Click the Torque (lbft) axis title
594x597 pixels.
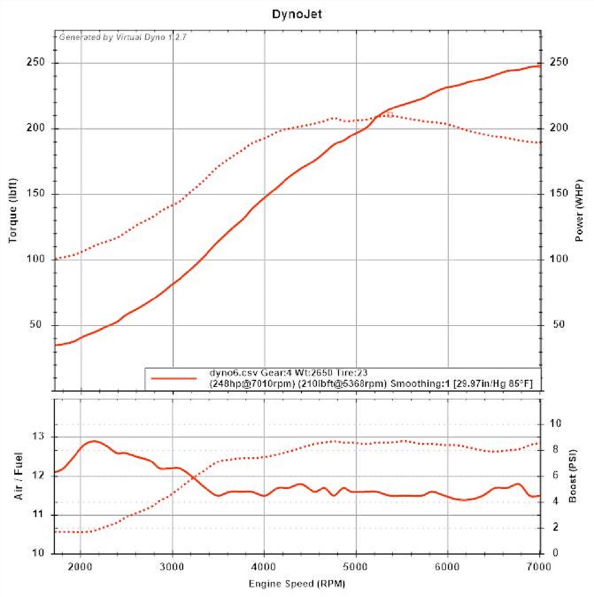point(13,210)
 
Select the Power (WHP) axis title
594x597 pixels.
point(578,210)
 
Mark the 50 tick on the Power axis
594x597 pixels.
point(559,325)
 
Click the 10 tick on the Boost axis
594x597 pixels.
point(556,424)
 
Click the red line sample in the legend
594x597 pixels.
point(174,378)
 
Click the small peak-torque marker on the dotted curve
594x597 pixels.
point(390,114)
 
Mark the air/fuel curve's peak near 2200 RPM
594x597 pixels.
point(94,441)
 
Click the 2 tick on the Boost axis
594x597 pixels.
point(556,527)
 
